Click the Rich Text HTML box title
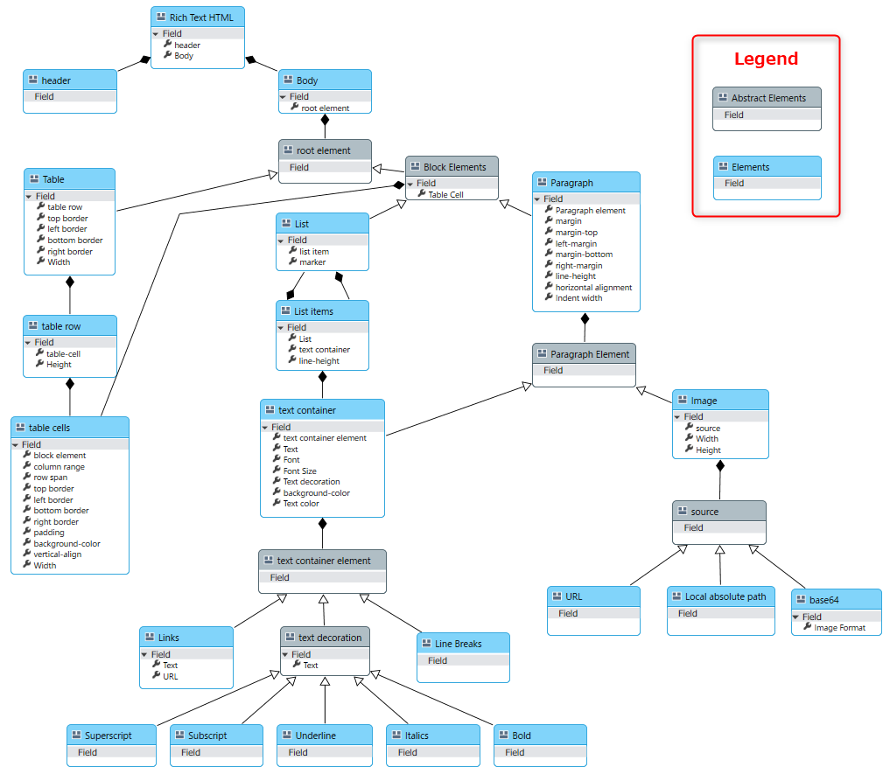(x=201, y=17)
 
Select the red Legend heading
(x=766, y=59)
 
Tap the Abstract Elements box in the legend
(x=767, y=108)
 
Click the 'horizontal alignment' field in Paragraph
(x=593, y=287)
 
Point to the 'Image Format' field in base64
(x=839, y=628)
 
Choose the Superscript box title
(x=109, y=736)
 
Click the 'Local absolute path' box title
(x=725, y=596)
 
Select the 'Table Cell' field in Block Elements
(x=445, y=195)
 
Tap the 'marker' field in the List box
(x=312, y=262)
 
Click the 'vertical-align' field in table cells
(x=58, y=554)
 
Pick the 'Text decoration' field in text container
(x=312, y=482)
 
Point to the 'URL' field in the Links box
(x=171, y=676)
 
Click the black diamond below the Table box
(x=70, y=282)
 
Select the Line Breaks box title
(x=458, y=644)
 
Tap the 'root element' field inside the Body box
(x=326, y=108)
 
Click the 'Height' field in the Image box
(x=708, y=450)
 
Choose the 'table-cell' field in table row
(x=63, y=353)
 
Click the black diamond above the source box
(x=720, y=466)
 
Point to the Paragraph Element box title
(x=590, y=354)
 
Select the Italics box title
(x=417, y=736)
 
